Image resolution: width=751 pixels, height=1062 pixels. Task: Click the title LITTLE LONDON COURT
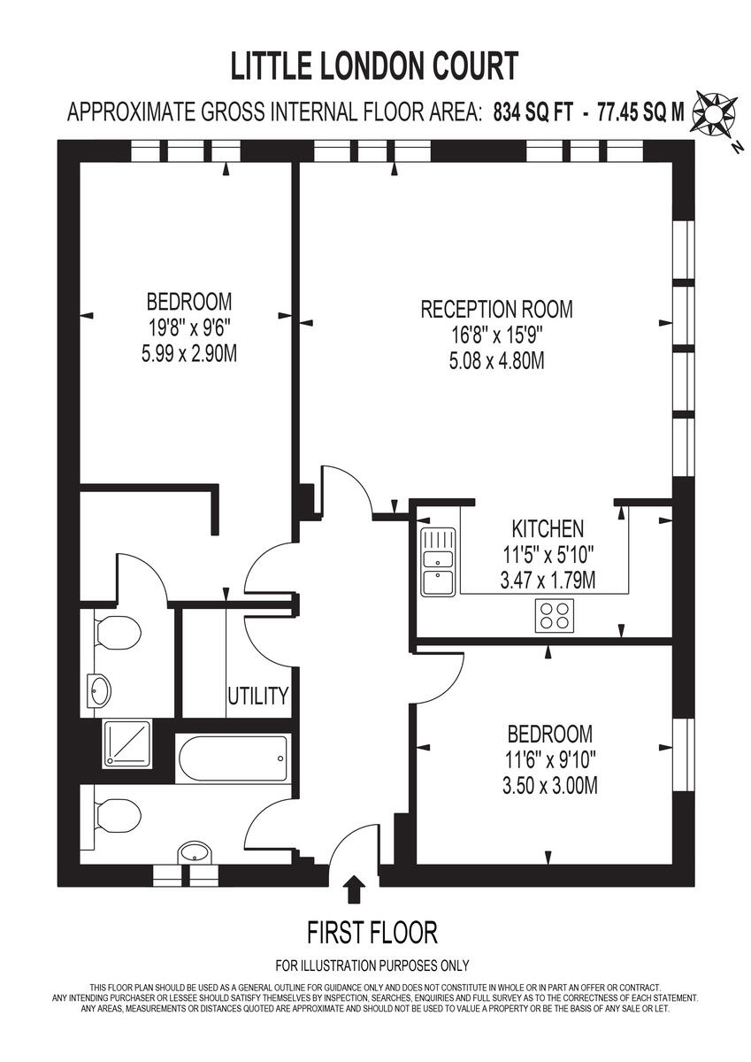click(374, 67)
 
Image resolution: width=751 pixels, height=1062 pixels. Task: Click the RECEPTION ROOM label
click(496, 310)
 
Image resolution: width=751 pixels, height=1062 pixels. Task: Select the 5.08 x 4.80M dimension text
click(496, 361)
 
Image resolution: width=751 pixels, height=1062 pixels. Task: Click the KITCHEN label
click(548, 529)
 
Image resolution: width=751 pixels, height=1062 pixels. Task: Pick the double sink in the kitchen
click(438, 564)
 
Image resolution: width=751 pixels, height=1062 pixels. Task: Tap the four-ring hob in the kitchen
click(555, 614)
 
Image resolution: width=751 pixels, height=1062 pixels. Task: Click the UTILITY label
click(258, 696)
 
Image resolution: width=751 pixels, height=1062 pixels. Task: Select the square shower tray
click(127, 742)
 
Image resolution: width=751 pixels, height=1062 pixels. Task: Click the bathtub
click(233, 758)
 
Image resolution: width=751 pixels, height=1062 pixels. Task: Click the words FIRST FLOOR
click(372, 932)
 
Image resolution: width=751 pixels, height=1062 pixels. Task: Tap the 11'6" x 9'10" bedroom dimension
click(549, 759)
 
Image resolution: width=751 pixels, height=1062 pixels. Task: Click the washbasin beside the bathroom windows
click(194, 851)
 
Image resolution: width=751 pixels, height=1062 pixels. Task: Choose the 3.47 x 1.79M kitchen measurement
click(548, 581)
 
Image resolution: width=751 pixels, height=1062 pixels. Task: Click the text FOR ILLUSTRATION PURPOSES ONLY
click(372, 966)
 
